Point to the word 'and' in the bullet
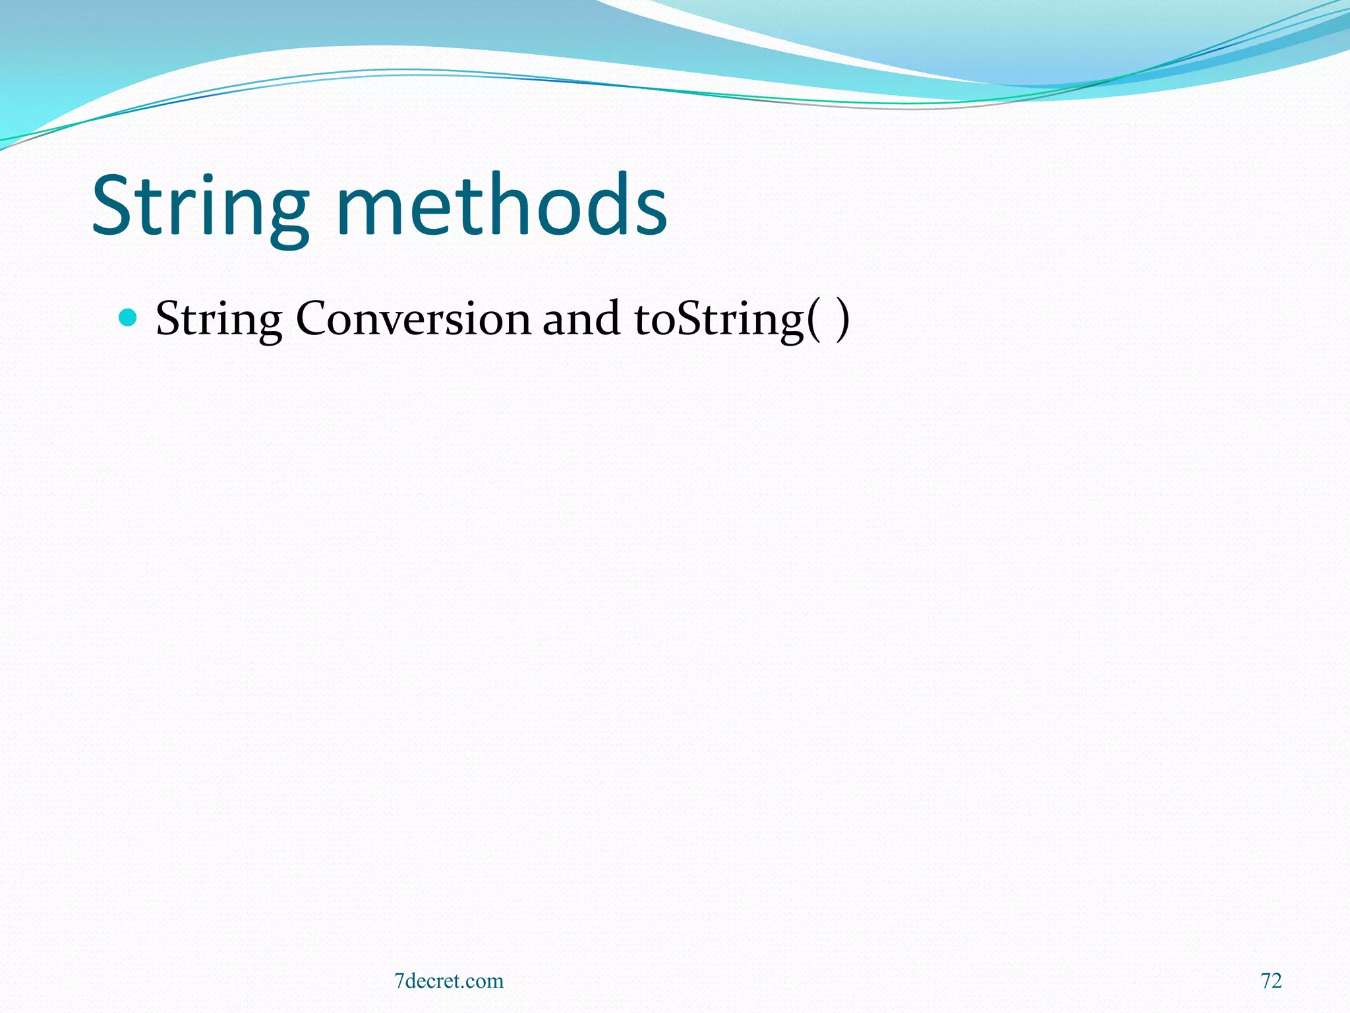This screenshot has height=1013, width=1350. [581, 319]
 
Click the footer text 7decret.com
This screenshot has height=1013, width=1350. [448, 981]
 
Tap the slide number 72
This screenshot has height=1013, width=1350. [1271, 981]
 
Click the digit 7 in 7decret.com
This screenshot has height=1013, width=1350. [399, 981]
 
